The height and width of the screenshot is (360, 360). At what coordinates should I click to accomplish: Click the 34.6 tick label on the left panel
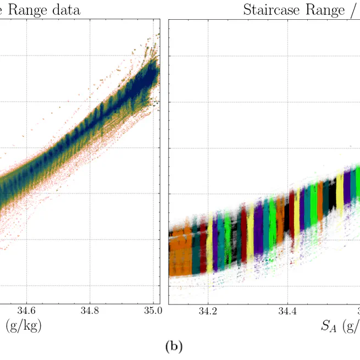(26, 311)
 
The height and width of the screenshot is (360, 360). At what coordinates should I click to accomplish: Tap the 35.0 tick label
(152, 311)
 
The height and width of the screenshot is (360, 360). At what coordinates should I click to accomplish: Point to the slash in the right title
(351, 10)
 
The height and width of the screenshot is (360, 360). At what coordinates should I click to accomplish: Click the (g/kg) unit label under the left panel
(23, 326)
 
